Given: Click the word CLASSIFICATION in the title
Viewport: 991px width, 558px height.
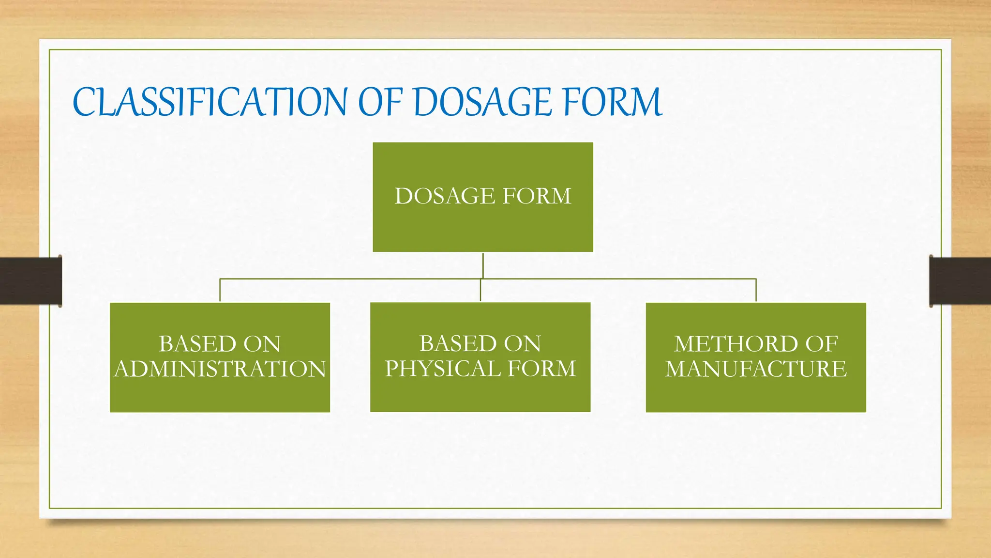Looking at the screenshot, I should tap(210, 102).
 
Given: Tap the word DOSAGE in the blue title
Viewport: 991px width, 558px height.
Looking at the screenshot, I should tap(482, 102).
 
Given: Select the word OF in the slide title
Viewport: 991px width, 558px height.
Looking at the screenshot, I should tap(380, 102).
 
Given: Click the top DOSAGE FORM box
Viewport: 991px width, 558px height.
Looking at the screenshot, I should tap(482, 223).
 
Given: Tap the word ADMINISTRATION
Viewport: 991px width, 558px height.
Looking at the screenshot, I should tap(220, 369).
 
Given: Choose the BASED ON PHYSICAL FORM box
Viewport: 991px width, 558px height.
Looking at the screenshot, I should tap(480, 392).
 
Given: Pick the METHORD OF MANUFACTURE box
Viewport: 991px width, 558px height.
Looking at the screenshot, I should tap(755, 392).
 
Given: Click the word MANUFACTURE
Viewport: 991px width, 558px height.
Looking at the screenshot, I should tap(755, 369).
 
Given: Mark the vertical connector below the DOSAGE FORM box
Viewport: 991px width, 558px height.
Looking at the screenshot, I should tap(483, 265).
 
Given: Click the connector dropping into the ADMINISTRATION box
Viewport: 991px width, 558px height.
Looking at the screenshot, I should tap(220, 291).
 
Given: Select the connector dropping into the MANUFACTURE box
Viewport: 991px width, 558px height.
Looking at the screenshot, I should tap(756, 291).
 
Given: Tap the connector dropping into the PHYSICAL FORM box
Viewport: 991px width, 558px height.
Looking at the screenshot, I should tap(480, 291).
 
